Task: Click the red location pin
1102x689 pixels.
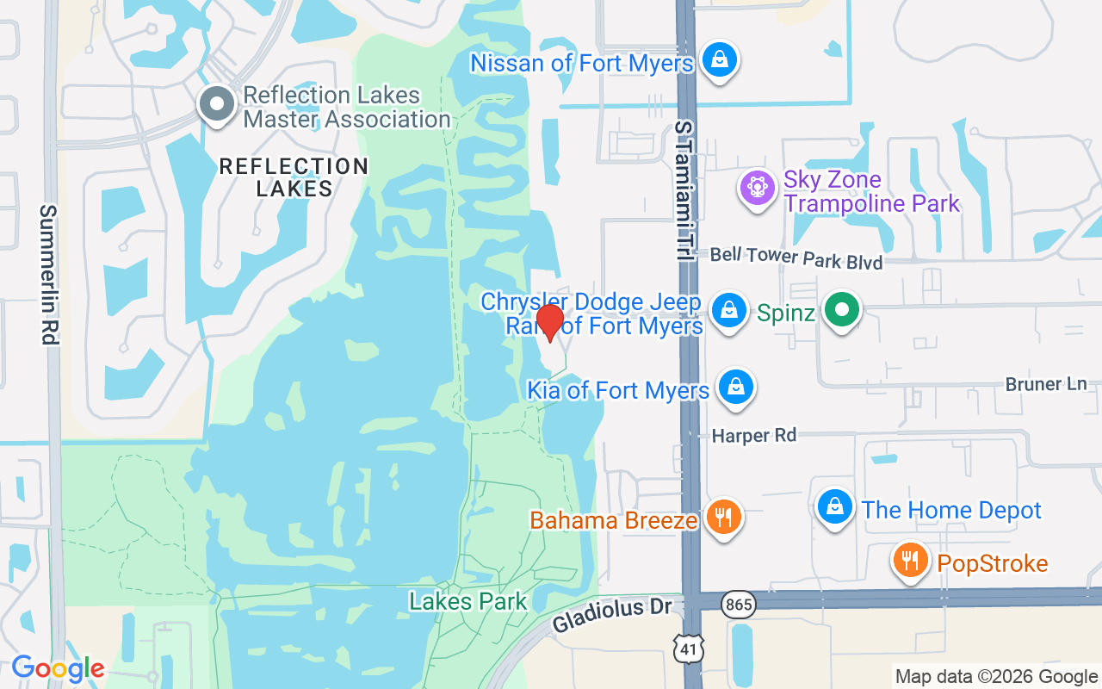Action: [x=549, y=322]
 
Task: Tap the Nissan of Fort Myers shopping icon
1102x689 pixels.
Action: [x=718, y=60]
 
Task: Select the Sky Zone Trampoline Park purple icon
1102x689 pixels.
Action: [x=758, y=187]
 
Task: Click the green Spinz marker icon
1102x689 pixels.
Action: [x=842, y=310]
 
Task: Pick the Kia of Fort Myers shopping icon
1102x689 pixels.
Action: [x=736, y=387]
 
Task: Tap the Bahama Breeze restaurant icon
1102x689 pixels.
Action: [x=723, y=517]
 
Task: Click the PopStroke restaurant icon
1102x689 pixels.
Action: [x=910, y=561]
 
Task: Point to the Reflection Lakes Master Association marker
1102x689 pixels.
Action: [x=217, y=105]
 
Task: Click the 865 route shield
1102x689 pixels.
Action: [x=739, y=605]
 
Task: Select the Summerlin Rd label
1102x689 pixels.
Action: [x=49, y=275]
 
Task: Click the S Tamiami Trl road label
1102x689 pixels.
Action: [x=684, y=191]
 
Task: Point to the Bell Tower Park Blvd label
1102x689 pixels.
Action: [x=796, y=258]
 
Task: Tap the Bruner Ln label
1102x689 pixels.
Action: [x=1046, y=384]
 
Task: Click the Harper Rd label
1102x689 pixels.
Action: [x=754, y=436]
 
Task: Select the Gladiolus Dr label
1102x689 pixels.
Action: [x=611, y=614]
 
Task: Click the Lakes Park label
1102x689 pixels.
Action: [x=467, y=600]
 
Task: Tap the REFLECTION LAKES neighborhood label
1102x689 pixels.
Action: [x=294, y=177]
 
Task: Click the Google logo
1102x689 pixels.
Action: [x=58, y=668]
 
